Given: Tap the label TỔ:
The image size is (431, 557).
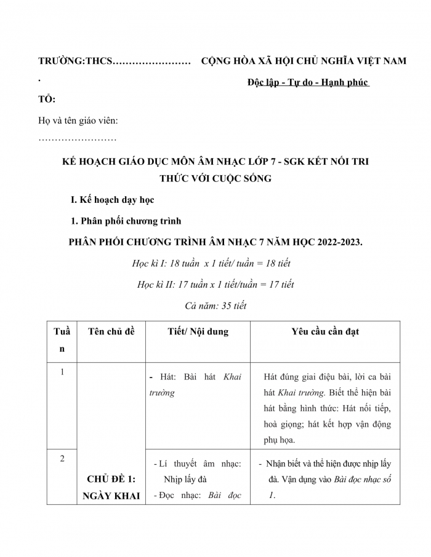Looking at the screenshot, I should (x=47, y=99).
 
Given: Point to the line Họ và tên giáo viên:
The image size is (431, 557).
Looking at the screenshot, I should (x=78, y=121).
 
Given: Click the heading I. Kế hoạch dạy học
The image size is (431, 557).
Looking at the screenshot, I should (x=113, y=200).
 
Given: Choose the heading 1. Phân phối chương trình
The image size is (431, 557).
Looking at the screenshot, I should (x=127, y=221).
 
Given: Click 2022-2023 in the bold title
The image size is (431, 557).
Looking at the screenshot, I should (x=336, y=242).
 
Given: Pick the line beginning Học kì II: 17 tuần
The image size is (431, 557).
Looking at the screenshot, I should (x=216, y=284).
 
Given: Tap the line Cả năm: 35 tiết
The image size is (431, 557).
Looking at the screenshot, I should (x=216, y=306).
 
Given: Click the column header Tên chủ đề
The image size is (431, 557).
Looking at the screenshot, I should (x=111, y=331).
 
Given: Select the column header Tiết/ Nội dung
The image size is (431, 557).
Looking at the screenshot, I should (x=198, y=331).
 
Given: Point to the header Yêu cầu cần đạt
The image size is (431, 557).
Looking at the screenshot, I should (x=325, y=331).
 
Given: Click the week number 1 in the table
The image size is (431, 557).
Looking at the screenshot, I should (x=62, y=372).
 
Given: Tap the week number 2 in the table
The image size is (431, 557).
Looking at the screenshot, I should (x=62, y=458).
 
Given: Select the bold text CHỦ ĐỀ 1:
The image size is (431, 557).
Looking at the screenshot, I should (x=111, y=480).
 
